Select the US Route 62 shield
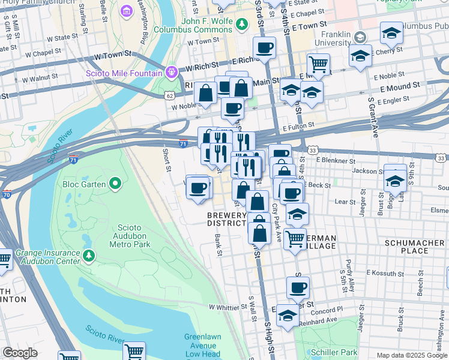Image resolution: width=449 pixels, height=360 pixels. click(x=170, y=95)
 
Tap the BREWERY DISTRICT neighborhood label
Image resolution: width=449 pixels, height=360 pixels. click(x=227, y=220)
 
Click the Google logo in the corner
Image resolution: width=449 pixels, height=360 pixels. click(x=20, y=353)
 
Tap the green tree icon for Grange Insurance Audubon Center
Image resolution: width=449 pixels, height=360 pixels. click(x=89, y=257)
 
